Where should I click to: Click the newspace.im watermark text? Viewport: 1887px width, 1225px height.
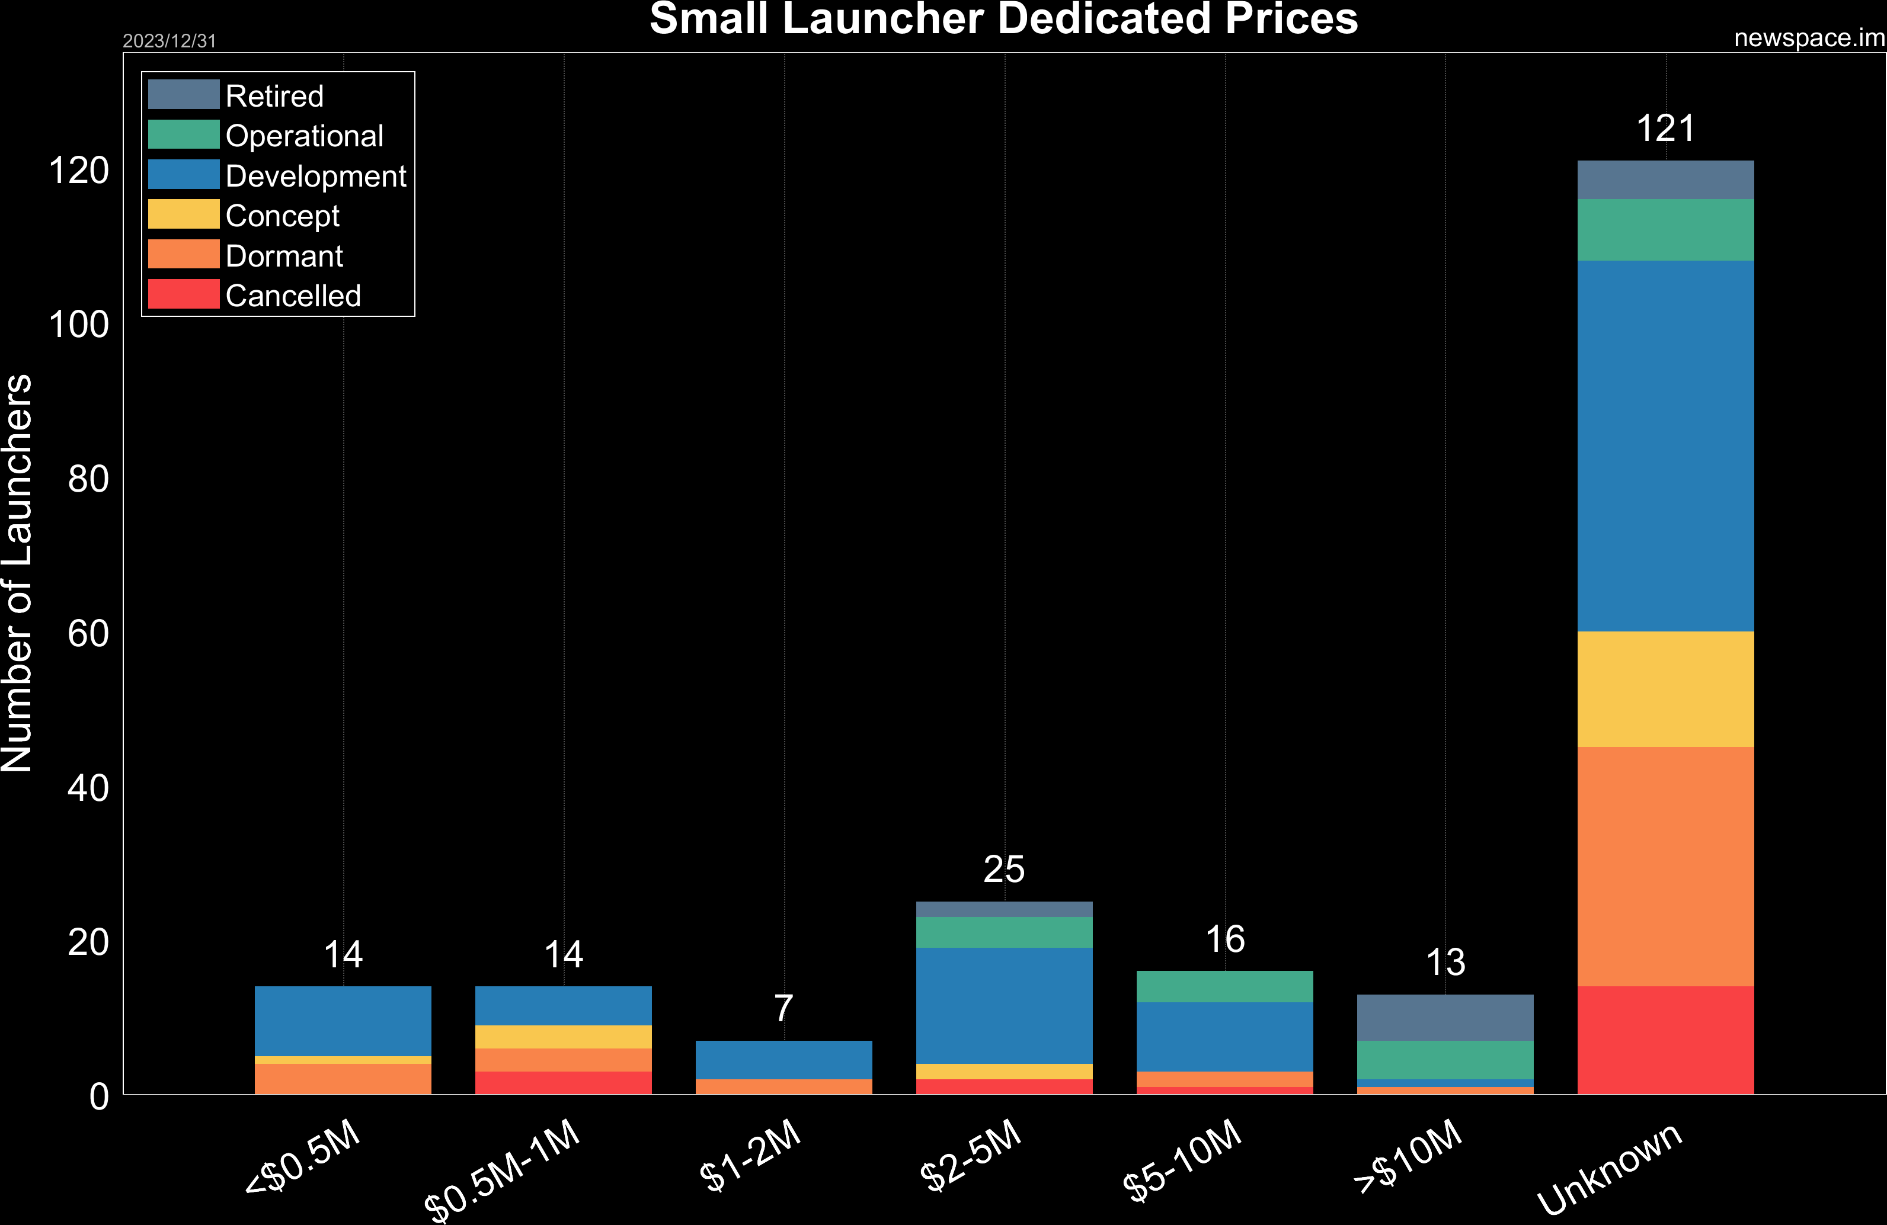pyautogui.click(x=1809, y=38)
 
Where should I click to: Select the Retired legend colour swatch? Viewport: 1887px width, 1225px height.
pyautogui.click(x=183, y=94)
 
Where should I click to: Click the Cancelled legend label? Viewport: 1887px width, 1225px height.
pyautogui.click(x=293, y=296)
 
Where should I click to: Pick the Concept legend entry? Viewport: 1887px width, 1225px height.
pyautogui.click(x=282, y=216)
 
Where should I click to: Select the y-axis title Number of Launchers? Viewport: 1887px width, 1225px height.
pyautogui.click(x=17, y=572)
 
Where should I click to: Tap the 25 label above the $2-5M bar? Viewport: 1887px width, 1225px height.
pyautogui.click(x=1004, y=869)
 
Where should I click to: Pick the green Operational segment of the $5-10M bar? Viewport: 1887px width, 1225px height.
pyautogui.click(x=1224, y=986)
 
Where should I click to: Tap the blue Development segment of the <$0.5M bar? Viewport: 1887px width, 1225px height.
pyautogui.click(x=343, y=1021)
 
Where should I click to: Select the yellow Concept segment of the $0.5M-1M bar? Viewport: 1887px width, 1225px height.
pyautogui.click(x=563, y=1037)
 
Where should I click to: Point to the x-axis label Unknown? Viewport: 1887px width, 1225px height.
pyautogui.click(x=1610, y=1169)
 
